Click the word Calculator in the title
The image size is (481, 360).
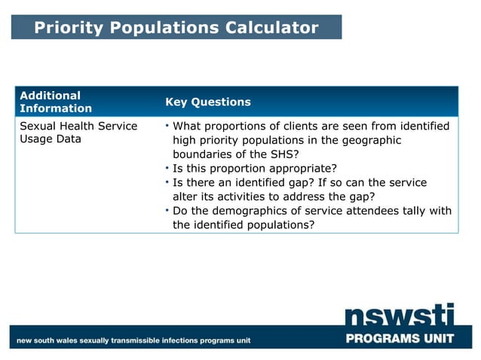pos(271,28)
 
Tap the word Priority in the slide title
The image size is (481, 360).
pos(66,28)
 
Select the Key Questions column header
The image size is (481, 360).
pos(208,102)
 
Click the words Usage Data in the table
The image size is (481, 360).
pos(51,139)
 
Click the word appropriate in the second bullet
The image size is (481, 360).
pos(298,168)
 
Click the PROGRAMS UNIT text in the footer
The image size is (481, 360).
pos(400,338)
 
